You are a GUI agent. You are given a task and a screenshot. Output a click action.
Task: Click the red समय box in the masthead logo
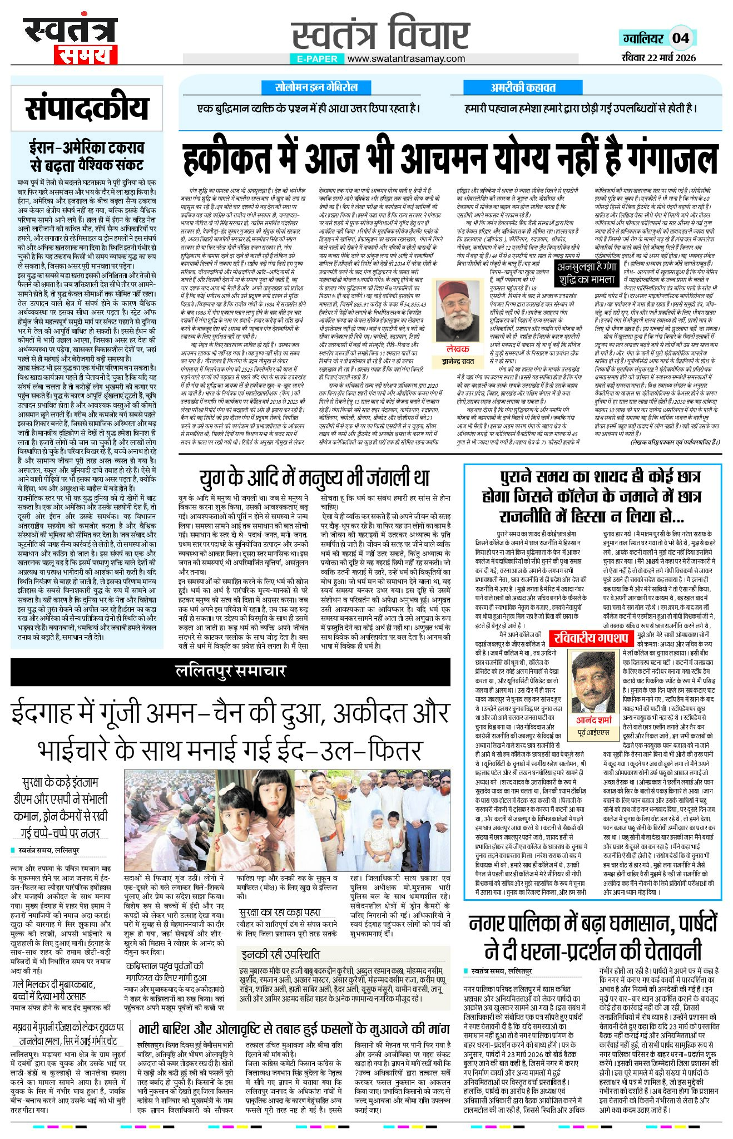pos(86,55)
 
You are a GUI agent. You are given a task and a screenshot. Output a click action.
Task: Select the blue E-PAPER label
pos(316,58)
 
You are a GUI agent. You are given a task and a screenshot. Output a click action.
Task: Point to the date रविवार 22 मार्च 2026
pos(658,57)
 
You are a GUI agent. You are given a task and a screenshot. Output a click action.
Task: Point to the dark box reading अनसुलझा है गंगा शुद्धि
pos(587,274)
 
